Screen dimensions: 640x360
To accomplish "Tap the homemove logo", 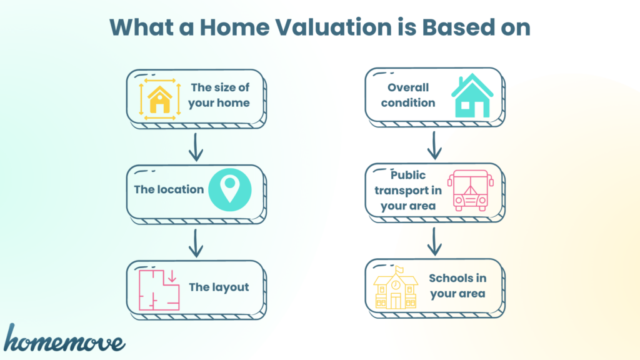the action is click(x=64, y=338).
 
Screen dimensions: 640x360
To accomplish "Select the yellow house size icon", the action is click(x=159, y=99).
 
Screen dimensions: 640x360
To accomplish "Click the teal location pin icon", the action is click(x=230, y=190).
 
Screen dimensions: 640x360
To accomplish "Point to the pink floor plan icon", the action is click(x=159, y=290).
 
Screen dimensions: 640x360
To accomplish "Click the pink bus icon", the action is click(x=471, y=190).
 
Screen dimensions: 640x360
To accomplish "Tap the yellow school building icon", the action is click(x=396, y=287).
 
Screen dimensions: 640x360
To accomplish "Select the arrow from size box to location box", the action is click(x=196, y=147).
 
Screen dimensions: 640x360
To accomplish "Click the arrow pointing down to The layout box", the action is click(x=196, y=243).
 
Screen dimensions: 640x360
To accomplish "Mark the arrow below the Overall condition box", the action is click(x=434, y=145).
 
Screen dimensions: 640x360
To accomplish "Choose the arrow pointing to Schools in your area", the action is click(x=434, y=242).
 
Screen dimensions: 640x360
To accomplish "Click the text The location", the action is click(x=169, y=189).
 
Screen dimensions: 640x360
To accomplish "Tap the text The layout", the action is click(x=219, y=287).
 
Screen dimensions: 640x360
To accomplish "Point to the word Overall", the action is click(x=408, y=87).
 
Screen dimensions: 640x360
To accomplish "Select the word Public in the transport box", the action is click(x=408, y=175).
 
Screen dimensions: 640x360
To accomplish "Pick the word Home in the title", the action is click(x=235, y=27).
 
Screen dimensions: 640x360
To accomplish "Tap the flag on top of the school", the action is click(x=399, y=270).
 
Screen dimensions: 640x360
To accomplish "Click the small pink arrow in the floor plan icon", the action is click(x=172, y=276).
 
